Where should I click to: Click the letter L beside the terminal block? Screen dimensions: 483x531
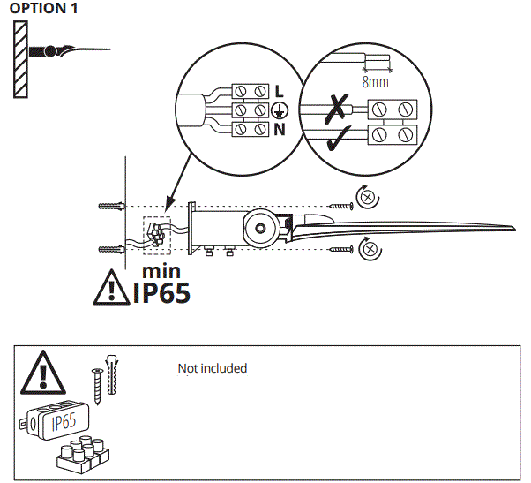click(279, 91)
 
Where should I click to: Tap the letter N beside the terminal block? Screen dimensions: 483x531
click(279, 130)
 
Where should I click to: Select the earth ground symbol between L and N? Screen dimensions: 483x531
click(280, 110)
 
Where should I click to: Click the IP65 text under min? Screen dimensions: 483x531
click(161, 291)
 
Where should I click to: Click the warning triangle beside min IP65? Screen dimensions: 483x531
click(112, 288)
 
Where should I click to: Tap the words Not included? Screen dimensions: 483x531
click(213, 368)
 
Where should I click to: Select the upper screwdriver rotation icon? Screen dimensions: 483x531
click(368, 196)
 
